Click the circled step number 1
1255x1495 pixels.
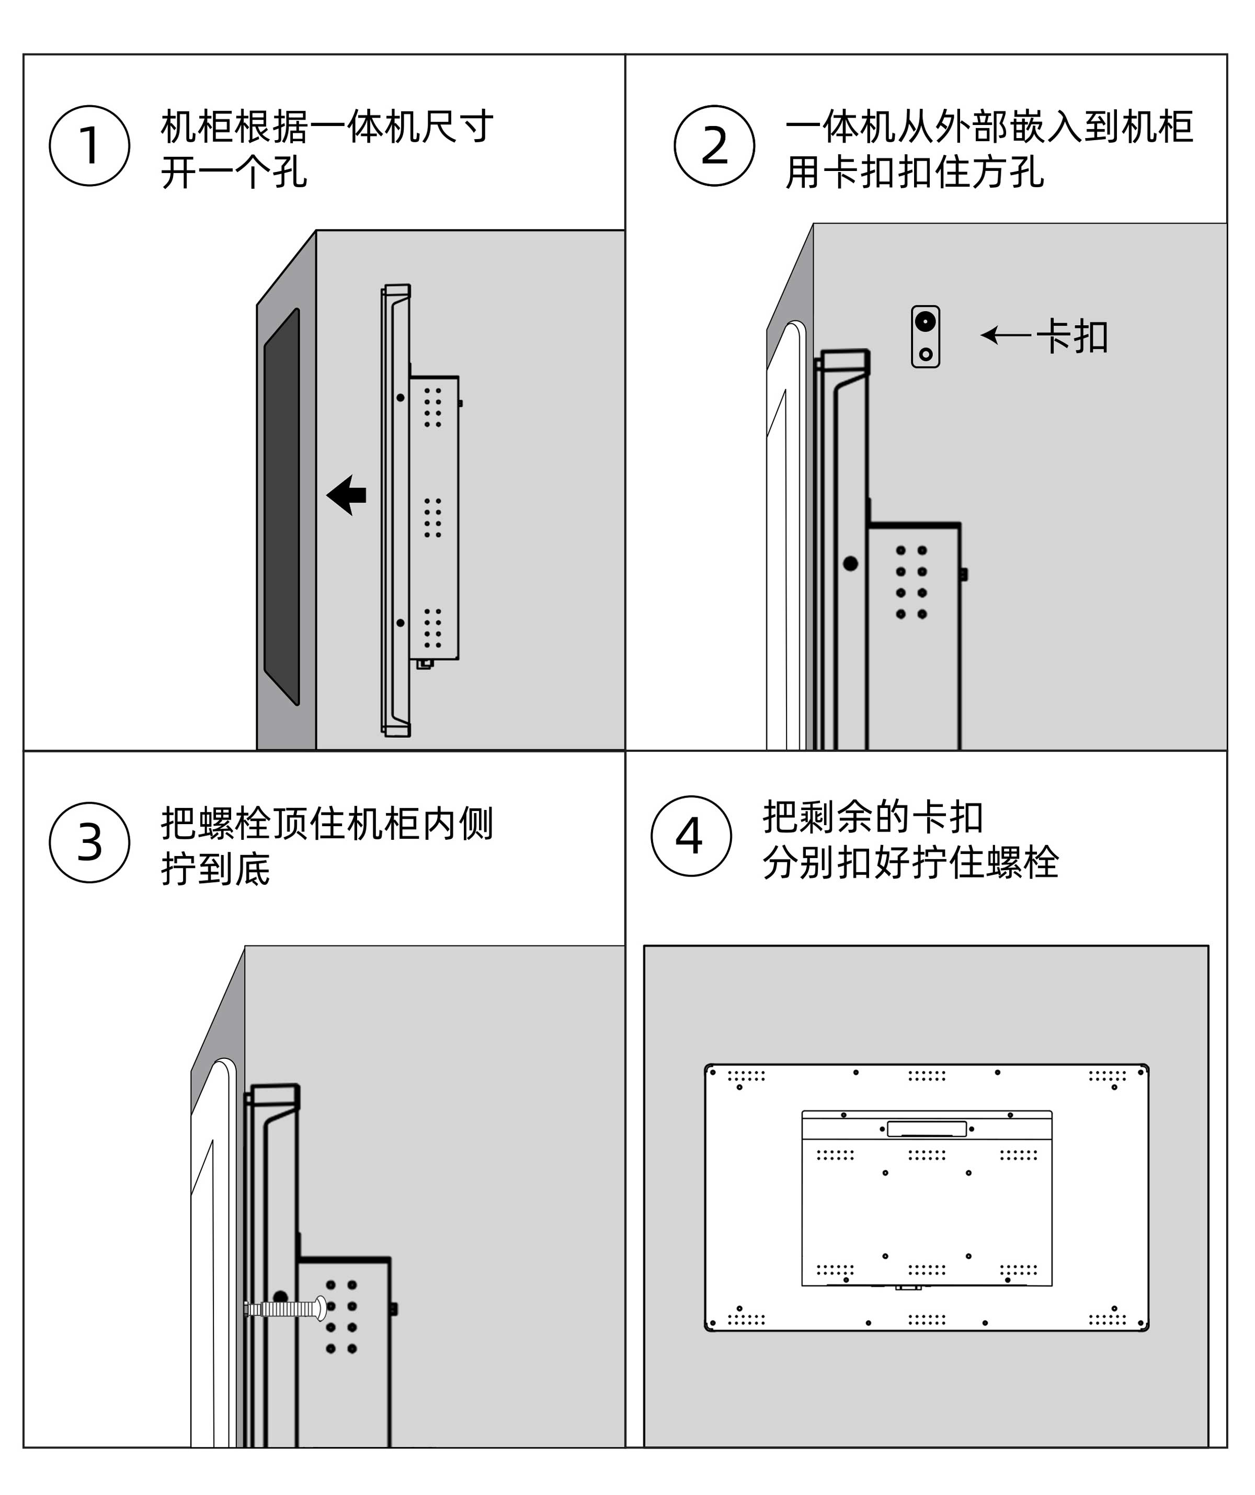click(90, 145)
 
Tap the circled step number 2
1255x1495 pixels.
click(714, 145)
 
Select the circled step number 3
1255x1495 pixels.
click(90, 842)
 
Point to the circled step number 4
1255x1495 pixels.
click(690, 836)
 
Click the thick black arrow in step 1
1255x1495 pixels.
click(347, 495)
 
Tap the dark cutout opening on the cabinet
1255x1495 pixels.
click(282, 506)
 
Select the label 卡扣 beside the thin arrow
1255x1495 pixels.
click(1072, 337)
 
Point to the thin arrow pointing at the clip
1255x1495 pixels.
click(1005, 335)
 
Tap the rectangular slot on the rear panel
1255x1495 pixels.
click(926, 1128)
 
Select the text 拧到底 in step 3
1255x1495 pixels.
click(215, 869)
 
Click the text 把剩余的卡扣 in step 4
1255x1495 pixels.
click(873, 817)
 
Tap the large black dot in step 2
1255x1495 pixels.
click(850, 563)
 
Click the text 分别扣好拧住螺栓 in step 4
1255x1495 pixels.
click(910, 862)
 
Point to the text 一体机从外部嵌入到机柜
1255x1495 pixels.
click(989, 127)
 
